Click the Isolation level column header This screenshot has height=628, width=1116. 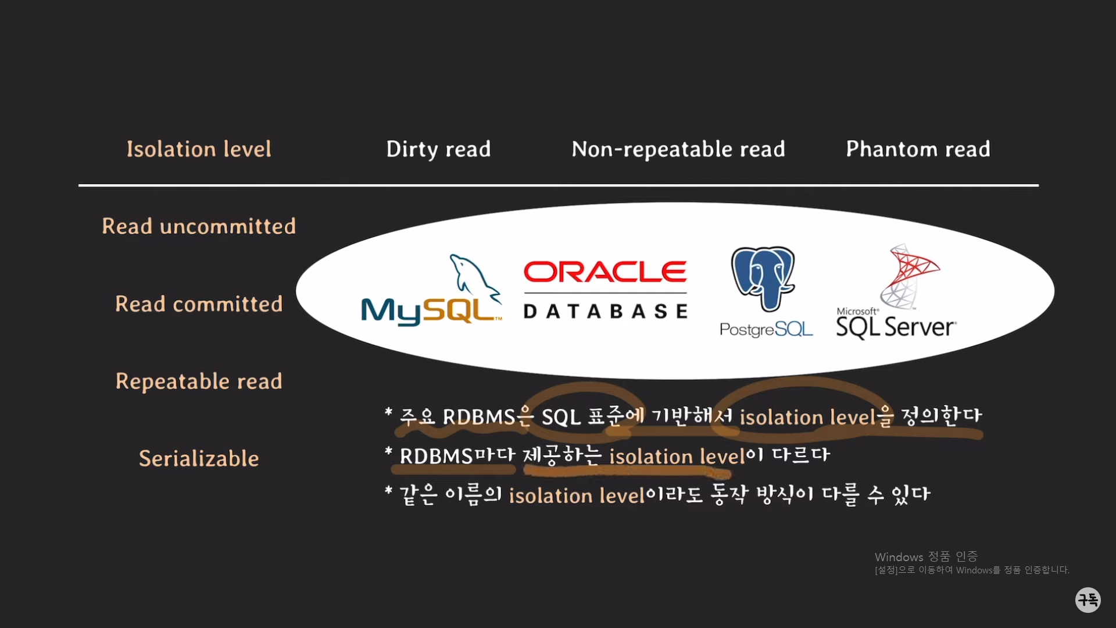pos(199,149)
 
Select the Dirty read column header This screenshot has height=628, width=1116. pos(438,149)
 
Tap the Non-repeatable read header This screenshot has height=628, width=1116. pos(678,149)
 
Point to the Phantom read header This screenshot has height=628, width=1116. pos(918,149)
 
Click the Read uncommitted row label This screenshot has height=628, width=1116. pos(199,226)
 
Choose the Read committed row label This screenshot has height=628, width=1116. pos(199,304)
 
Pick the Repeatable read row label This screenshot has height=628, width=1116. pos(199,381)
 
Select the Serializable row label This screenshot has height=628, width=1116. pos(199,459)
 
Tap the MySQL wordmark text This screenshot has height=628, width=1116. pos(429,311)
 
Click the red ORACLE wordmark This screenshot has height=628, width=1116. pos(605,272)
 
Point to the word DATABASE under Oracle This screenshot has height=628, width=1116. pos(605,312)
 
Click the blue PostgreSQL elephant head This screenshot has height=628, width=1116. pos(763,277)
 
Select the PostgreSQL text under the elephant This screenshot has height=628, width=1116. pos(766,330)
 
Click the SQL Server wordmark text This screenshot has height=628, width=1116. pos(896,327)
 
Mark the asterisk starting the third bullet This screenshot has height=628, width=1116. pos(388,491)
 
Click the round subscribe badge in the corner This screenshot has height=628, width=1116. pos(1088,600)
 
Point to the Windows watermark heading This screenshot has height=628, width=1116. pos(926,556)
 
